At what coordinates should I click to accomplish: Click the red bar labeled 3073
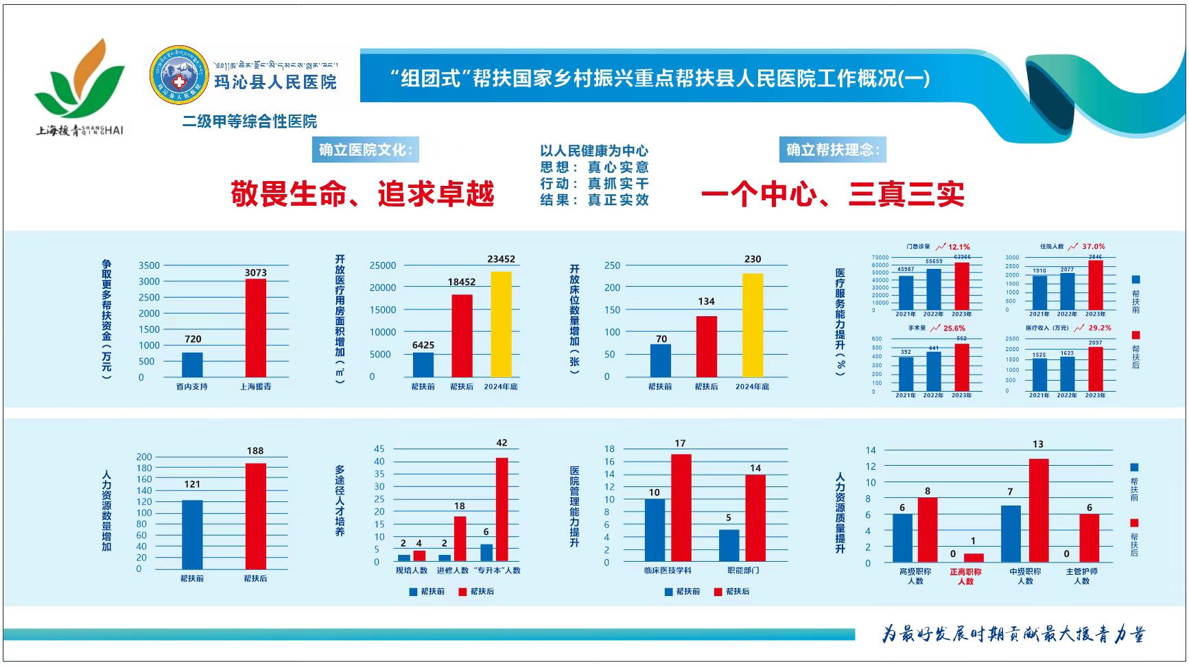(255, 328)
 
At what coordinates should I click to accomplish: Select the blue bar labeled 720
(192, 364)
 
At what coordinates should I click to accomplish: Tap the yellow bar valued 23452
(501, 324)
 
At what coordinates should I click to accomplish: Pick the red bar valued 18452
(462, 335)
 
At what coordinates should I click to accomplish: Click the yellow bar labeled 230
(753, 325)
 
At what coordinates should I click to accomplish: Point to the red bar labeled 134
(706, 346)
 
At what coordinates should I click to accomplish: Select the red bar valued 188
(255, 516)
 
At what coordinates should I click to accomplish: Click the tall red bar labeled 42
(502, 510)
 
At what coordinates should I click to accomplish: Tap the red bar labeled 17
(681, 508)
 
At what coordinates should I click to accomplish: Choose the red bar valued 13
(1038, 510)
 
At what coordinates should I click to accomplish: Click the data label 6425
(423, 345)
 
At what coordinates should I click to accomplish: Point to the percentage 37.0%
(1094, 246)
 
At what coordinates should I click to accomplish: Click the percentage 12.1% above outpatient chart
(959, 247)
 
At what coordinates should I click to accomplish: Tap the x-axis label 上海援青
(255, 387)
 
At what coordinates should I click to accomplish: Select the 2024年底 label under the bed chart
(752, 387)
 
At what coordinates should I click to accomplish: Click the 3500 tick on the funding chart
(149, 265)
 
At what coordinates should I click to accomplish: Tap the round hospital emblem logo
(179, 75)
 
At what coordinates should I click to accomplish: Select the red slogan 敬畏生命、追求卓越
(362, 194)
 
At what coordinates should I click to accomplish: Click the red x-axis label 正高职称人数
(965, 576)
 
